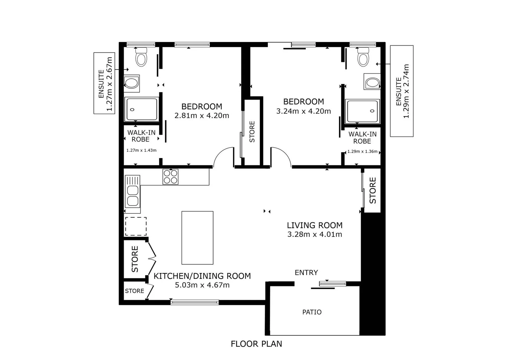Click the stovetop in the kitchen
170,177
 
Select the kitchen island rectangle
197,238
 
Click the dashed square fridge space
136,226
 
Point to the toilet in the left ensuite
141,57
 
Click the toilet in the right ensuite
363,57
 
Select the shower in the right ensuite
363,111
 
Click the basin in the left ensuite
132,83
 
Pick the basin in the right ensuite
372,82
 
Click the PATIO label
312,312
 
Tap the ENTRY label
306,273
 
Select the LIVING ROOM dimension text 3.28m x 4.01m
315,234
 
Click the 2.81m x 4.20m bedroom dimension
201,116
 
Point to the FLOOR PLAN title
256,344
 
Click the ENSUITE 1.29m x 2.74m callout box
402,91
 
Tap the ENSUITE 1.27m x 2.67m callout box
104,83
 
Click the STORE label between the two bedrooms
252,132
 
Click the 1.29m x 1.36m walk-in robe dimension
362,151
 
